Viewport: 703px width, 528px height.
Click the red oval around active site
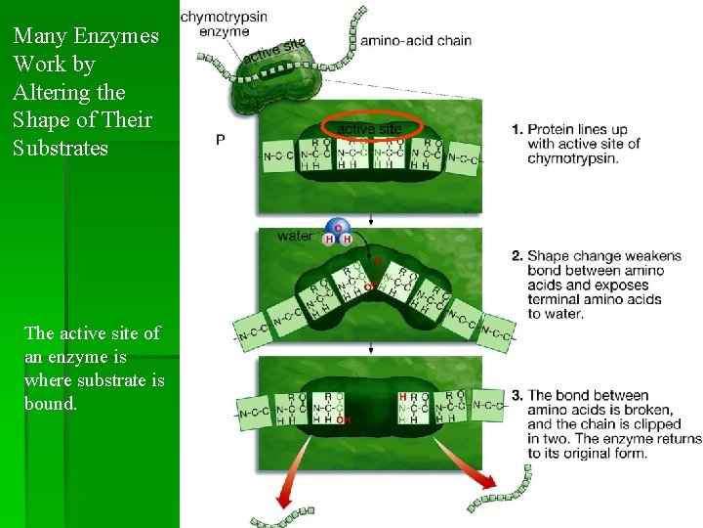(x=369, y=128)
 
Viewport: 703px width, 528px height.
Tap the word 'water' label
(x=295, y=236)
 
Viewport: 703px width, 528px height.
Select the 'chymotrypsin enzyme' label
(x=224, y=24)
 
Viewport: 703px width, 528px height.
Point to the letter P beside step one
(x=221, y=140)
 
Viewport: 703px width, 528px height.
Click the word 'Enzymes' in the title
(x=117, y=37)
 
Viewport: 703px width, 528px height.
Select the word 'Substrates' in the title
(x=61, y=149)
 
